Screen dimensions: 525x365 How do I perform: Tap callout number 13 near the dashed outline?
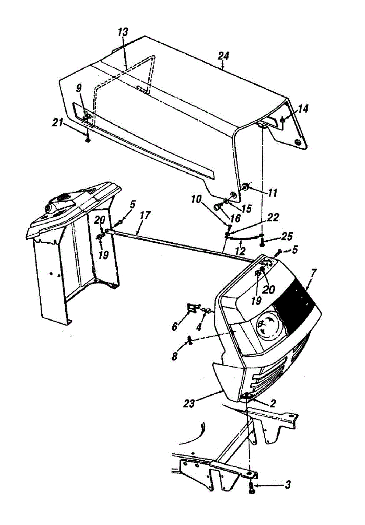point(123,32)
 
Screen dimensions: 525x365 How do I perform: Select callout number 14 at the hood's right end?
point(303,109)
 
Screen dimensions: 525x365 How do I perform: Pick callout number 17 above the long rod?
point(145,215)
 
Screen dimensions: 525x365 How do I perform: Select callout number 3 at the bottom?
point(287,484)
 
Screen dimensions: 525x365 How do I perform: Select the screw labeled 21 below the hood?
point(88,139)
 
